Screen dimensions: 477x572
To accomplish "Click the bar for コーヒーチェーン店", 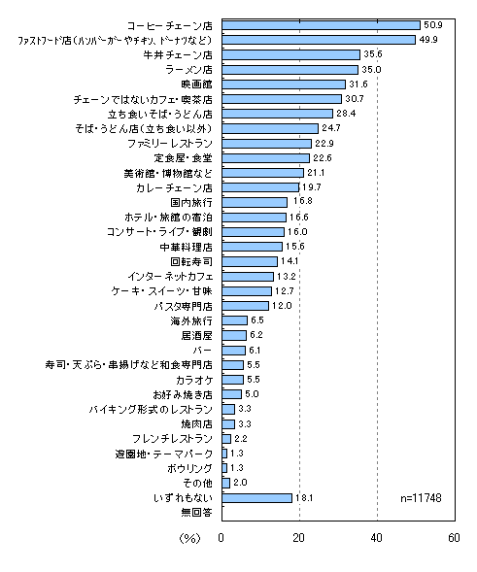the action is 322,25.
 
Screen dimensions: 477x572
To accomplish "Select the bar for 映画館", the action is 284,84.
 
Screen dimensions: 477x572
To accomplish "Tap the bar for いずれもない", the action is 256,498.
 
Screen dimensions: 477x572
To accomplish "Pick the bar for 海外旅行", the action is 235,320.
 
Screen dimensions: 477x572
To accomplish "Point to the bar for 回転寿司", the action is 250,261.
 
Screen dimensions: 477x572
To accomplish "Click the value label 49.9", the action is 428,40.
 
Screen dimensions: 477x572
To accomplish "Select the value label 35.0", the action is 371,69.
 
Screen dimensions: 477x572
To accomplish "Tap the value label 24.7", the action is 331,128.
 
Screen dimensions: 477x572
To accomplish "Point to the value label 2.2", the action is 241,439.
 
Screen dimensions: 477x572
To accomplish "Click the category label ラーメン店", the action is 188,70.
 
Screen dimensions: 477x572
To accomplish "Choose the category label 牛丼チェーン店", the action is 178,54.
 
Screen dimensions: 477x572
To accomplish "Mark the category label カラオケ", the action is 194,380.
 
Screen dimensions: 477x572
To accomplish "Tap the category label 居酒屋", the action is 196,336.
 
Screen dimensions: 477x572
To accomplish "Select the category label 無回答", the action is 196,513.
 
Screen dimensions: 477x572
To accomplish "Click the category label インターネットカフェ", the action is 170,277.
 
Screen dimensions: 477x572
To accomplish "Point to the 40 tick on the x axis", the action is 376,538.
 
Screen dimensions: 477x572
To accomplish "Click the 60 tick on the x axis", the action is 454,538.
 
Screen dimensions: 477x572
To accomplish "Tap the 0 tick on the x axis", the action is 221,538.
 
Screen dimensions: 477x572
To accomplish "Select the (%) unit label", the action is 189,538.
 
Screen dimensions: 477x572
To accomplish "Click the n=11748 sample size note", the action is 421,498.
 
